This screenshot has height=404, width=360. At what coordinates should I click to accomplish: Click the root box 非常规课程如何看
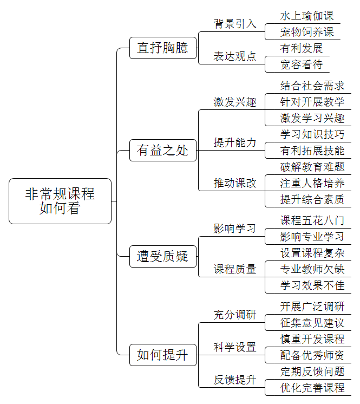coord(60,201)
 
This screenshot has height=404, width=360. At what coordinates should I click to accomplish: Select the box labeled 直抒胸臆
coord(163,48)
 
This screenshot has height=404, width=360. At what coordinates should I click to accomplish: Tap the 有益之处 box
coord(163,150)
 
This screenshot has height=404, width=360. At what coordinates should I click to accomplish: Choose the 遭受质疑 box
coord(163,256)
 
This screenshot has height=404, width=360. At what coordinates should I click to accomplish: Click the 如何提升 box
coord(163,355)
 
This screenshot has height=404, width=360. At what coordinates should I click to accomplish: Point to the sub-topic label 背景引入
coord(235,24)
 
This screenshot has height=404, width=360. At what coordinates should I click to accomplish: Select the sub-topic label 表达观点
coord(235,56)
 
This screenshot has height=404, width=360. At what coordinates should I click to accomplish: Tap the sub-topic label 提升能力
coord(235,142)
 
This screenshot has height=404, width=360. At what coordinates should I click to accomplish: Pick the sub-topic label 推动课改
coord(235,183)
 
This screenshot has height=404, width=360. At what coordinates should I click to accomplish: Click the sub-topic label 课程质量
coord(235,269)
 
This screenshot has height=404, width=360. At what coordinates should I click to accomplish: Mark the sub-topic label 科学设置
coord(235,347)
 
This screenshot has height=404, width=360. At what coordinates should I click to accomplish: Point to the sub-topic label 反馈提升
coord(235,380)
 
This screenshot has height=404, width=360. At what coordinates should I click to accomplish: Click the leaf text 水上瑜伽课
coord(307,16)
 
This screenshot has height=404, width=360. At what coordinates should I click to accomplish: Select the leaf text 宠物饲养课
coord(307,32)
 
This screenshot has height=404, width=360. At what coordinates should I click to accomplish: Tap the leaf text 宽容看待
coord(302,64)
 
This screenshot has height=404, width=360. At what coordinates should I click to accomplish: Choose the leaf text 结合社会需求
coord(312,86)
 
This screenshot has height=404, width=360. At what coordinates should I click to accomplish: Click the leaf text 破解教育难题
coord(312,167)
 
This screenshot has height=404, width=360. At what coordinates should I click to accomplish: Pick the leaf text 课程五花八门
coord(312,220)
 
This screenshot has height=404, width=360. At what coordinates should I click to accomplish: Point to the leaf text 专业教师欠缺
coord(312,269)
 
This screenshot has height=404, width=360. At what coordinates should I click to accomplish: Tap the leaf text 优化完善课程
coord(312,388)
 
